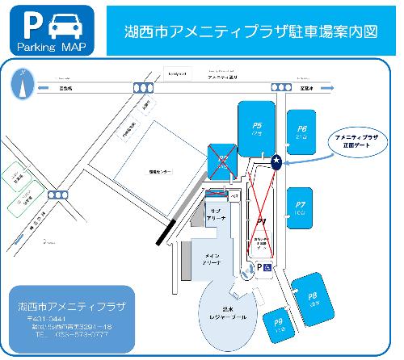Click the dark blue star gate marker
coord(277,161)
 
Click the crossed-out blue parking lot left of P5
coord(221,161)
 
